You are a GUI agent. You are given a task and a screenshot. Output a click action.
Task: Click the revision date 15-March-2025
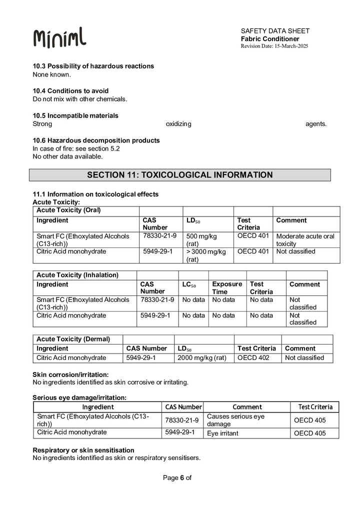pos(274,46)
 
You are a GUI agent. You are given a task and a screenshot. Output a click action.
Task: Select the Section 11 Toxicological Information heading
pos(180,175)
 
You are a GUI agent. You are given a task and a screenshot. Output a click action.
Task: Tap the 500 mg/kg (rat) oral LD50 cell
pos(201,239)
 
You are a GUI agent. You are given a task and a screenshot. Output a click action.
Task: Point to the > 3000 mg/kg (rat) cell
pos(206,255)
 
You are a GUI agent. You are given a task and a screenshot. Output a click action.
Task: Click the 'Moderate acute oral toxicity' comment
pos(305,239)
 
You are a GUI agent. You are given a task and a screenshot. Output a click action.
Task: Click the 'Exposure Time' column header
pos(226,287)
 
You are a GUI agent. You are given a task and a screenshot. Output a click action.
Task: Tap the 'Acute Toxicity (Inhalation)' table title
pos(77,275)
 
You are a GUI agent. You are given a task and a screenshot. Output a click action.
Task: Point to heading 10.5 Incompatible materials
pos(75,115)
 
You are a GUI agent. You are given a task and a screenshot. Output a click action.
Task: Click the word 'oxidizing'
pos(178,124)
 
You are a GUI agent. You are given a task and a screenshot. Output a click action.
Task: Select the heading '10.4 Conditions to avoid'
pos(70,91)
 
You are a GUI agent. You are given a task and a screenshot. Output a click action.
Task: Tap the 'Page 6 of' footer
pos(177,477)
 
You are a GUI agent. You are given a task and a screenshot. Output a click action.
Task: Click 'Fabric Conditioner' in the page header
pos(270,39)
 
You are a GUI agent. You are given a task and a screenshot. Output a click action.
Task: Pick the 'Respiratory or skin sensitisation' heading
pos(83,450)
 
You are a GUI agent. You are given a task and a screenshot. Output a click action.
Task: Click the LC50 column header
pos(189,284)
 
